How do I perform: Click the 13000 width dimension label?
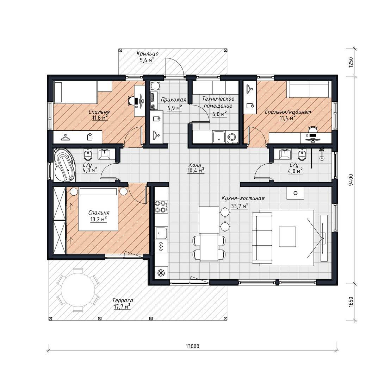[192, 346]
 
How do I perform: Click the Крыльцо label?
[147, 53]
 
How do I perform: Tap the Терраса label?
[123, 300]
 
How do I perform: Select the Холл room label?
[195, 165]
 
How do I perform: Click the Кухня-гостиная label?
[243, 198]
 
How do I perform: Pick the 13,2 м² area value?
[99, 219]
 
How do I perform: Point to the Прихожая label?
[173, 100]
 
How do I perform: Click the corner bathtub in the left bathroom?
[64, 165]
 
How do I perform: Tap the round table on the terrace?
[78, 290]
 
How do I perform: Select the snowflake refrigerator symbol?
[161, 273]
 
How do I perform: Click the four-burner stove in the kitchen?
[161, 206]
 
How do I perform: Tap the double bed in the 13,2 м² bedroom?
[98, 209]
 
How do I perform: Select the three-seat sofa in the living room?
[262, 238]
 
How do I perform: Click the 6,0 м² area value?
[219, 114]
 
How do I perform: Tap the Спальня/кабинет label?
[288, 112]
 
